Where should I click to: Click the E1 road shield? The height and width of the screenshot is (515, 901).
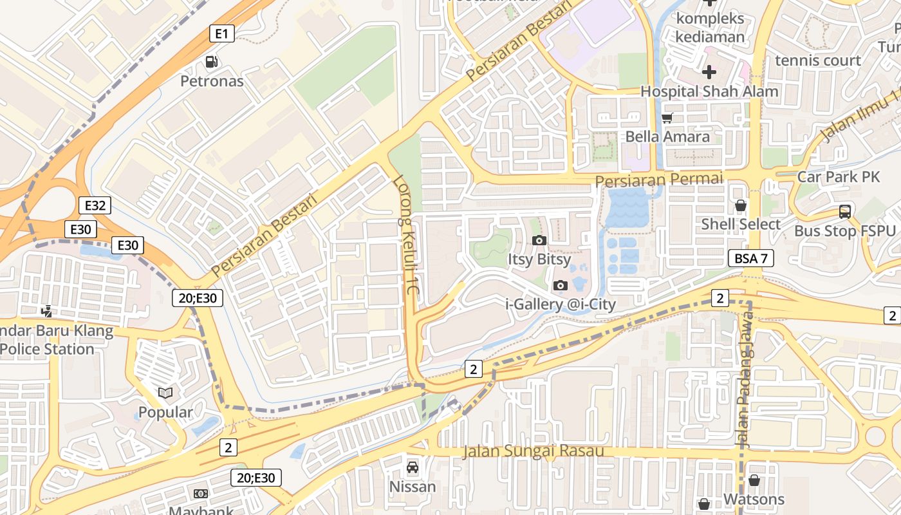(x=221, y=34)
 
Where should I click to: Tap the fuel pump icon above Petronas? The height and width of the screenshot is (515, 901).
(x=211, y=62)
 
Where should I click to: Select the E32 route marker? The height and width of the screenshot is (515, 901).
(x=95, y=205)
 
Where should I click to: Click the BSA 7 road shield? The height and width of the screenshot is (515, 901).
(x=750, y=259)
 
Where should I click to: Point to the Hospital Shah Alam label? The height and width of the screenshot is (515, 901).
(x=709, y=91)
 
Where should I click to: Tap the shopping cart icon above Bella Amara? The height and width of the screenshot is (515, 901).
(x=667, y=118)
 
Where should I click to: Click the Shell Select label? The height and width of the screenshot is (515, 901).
(x=740, y=224)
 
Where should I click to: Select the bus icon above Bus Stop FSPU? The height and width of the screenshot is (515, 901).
(x=844, y=211)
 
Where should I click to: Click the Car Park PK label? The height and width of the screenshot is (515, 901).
(x=838, y=176)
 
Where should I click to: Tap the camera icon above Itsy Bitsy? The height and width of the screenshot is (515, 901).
(x=539, y=241)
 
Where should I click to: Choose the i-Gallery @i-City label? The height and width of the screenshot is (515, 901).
(x=561, y=304)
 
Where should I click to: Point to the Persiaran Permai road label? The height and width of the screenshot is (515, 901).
(x=659, y=179)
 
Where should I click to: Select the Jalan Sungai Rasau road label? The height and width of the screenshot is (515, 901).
(x=533, y=451)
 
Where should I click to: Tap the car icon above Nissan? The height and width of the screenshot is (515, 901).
(x=412, y=467)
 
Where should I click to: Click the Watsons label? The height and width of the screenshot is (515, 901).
(x=754, y=500)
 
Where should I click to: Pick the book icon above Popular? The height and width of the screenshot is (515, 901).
(x=165, y=393)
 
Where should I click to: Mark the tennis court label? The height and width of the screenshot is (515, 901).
(x=818, y=61)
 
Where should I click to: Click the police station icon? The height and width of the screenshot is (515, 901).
(x=46, y=312)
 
